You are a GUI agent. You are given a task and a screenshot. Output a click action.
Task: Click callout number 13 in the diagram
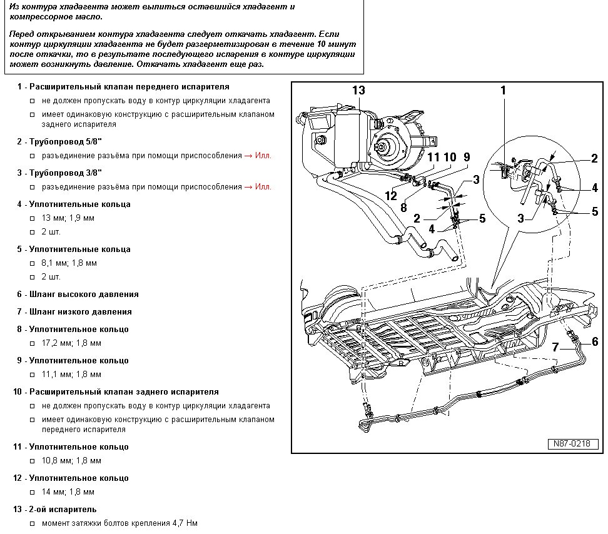tap(358, 91)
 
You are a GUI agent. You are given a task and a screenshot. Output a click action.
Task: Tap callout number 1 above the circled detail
tap(502, 91)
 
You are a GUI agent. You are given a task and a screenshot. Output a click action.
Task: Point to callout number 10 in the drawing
tap(450, 157)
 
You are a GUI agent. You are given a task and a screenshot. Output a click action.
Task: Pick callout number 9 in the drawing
tap(466, 157)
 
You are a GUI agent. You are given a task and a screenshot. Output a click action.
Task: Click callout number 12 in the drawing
tap(391, 196)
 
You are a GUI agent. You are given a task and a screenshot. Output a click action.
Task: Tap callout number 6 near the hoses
tap(595, 341)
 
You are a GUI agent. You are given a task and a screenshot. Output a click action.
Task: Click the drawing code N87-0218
tap(570, 443)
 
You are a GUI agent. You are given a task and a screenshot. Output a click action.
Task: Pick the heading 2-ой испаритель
tap(63, 510)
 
